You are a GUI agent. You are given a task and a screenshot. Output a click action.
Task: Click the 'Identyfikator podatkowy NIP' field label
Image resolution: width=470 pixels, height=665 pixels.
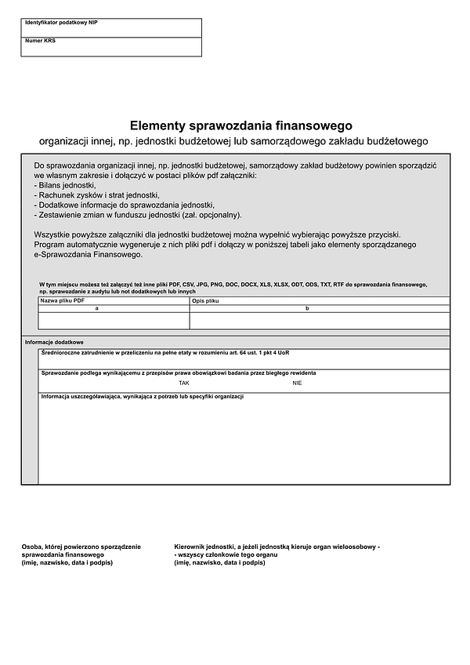61,24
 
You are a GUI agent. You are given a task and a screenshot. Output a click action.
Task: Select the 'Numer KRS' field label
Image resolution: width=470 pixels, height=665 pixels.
41,41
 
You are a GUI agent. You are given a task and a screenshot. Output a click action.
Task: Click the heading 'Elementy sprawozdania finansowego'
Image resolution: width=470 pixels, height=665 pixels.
241,125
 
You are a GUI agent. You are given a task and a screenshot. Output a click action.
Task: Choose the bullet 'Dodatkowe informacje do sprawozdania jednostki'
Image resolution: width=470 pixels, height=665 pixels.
125,205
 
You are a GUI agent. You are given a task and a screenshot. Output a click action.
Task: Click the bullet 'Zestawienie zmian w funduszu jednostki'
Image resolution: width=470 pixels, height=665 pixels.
138,215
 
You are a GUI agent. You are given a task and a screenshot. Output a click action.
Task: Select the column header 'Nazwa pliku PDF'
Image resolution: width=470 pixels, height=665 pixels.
63,301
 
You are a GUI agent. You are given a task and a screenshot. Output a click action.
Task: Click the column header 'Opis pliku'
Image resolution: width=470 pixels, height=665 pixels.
205,301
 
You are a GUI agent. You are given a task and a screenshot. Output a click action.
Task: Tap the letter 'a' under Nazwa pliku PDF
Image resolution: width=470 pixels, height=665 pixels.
96,309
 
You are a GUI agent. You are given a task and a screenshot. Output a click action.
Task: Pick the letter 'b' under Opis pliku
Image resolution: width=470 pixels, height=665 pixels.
307,309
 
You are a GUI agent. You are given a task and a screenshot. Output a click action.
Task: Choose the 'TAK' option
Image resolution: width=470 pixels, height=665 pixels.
184,383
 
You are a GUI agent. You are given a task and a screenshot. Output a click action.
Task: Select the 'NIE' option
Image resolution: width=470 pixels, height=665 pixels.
297,383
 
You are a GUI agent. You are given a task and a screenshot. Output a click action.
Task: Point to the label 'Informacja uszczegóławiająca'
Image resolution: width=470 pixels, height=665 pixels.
143,397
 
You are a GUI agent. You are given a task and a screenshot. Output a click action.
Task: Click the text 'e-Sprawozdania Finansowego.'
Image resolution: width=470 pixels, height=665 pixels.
89,255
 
